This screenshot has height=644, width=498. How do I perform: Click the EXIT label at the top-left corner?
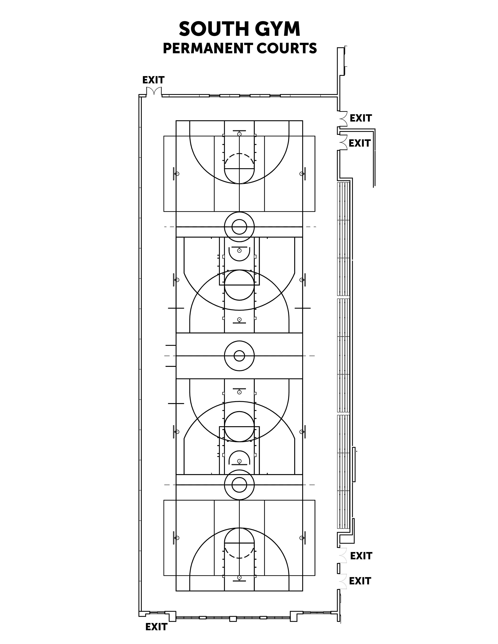(x=153, y=80)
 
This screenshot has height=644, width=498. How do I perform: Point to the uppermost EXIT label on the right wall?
(x=361, y=118)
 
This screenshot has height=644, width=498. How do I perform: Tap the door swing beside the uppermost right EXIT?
(x=343, y=118)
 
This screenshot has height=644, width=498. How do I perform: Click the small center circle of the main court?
(x=239, y=356)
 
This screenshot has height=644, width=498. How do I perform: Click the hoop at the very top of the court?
(x=239, y=134)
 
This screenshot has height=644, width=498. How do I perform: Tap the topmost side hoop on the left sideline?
(x=177, y=174)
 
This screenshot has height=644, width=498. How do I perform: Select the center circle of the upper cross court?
(x=239, y=227)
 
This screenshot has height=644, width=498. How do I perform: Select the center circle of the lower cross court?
(x=239, y=485)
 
